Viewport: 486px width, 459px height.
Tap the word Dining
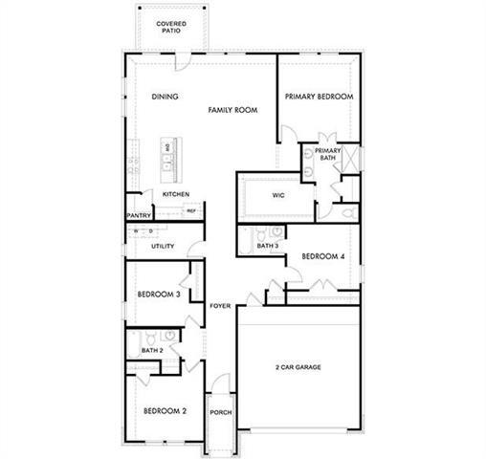point(166,97)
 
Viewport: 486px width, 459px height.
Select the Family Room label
point(233,111)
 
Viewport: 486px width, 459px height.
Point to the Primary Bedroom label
point(320,97)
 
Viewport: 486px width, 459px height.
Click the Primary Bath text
point(327,154)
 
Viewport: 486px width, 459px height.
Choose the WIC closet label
point(278,195)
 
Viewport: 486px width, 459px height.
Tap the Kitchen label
point(175,194)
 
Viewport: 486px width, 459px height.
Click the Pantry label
point(139,216)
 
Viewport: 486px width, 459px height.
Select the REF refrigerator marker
point(191,210)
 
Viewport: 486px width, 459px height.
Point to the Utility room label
point(162,246)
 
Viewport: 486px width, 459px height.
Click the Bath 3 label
point(268,247)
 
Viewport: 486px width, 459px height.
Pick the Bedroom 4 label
point(321,256)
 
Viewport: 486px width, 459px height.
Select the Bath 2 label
point(152,351)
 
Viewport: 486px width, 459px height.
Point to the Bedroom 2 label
point(165,411)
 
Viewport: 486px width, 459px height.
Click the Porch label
point(221,412)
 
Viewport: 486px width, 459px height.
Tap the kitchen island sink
point(166,169)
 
